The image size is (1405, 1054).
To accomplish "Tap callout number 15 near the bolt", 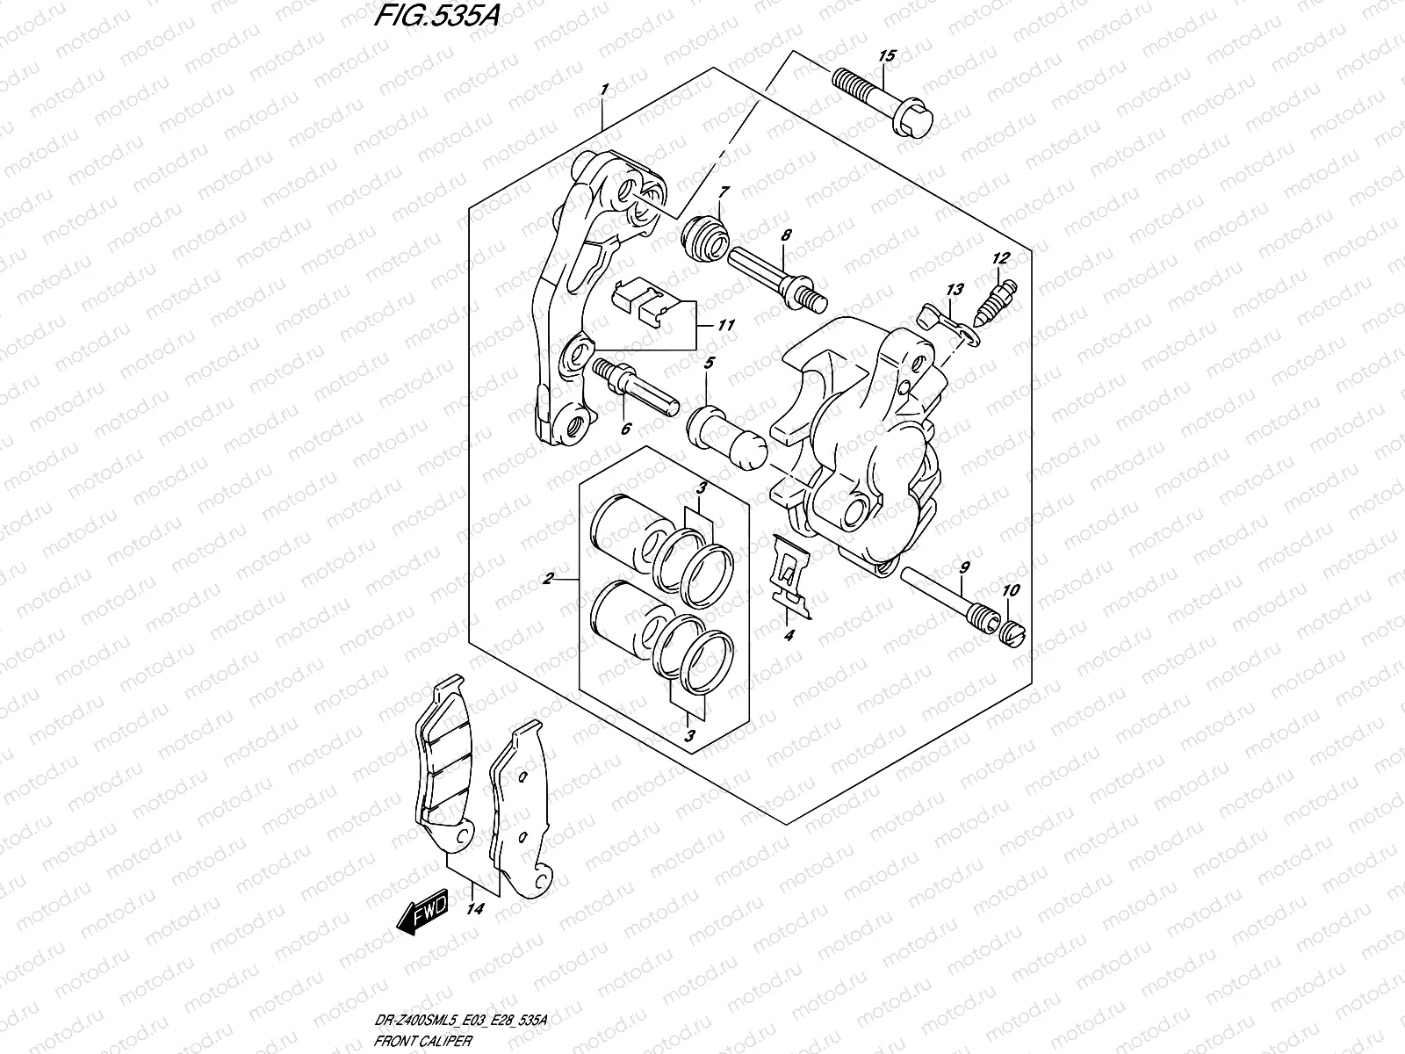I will tap(886, 56).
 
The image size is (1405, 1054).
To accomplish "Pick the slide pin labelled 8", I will tap(774, 277).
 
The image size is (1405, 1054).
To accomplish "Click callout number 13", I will tap(955, 290).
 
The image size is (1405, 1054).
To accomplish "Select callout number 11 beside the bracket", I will tap(725, 325).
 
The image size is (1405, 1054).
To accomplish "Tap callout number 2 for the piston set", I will tap(547, 579).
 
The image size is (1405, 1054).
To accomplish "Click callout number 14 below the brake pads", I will tap(475, 909).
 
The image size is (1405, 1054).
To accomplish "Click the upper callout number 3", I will tap(702, 488).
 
